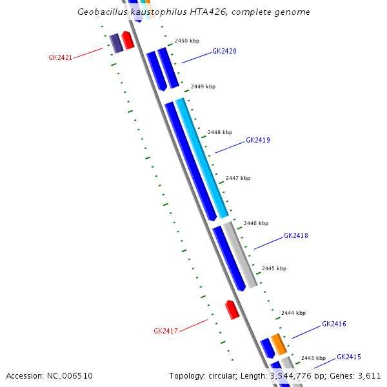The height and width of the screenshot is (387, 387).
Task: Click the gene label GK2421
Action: pos(60,57)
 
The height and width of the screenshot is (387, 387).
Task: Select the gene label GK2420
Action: pos(224,51)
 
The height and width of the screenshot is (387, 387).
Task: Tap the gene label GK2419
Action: pos(257,140)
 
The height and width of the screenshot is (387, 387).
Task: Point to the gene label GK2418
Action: pos(296,235)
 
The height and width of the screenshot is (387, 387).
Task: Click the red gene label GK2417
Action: pos(165,331)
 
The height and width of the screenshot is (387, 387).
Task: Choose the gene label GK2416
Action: pos(334,324)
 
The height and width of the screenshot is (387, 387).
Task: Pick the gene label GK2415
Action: pos(348,357)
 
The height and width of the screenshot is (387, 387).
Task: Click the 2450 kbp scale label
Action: pos(187,41)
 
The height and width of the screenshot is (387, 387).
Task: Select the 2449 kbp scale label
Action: pos(203,86)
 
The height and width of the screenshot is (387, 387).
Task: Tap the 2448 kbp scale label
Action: pos(220,132)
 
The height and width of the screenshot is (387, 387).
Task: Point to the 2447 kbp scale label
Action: pos(238,178)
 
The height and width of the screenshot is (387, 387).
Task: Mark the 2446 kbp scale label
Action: pos(256,223)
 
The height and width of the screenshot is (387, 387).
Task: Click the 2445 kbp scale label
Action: pos(274,268)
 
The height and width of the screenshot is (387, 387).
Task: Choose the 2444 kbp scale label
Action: pos(293,313)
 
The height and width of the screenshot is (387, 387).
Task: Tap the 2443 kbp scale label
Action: pos(313,358)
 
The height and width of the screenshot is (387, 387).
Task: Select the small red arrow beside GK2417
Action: pos(232,310)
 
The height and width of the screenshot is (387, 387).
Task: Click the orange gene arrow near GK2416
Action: pos(278,344)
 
